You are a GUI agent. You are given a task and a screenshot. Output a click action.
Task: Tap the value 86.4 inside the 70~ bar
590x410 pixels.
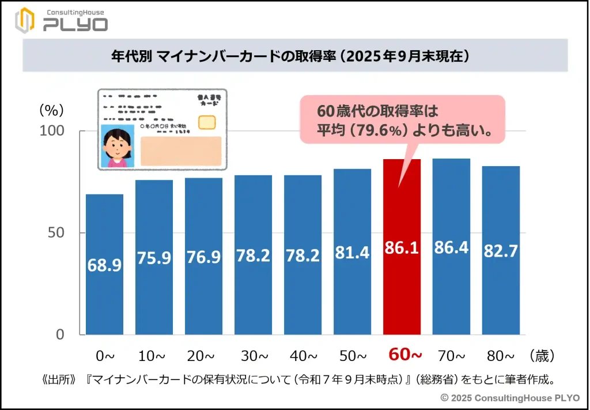451,249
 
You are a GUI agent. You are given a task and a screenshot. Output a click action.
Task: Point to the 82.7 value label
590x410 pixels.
501,251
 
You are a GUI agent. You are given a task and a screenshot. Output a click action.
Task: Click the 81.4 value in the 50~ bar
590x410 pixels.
352,251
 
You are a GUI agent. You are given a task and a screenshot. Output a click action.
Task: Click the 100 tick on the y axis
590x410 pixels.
51,131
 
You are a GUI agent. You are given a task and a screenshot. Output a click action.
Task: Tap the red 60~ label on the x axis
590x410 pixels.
402,354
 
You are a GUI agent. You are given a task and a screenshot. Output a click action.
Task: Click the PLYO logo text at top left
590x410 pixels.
75,25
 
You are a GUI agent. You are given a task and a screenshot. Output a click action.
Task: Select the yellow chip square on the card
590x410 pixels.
207,122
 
